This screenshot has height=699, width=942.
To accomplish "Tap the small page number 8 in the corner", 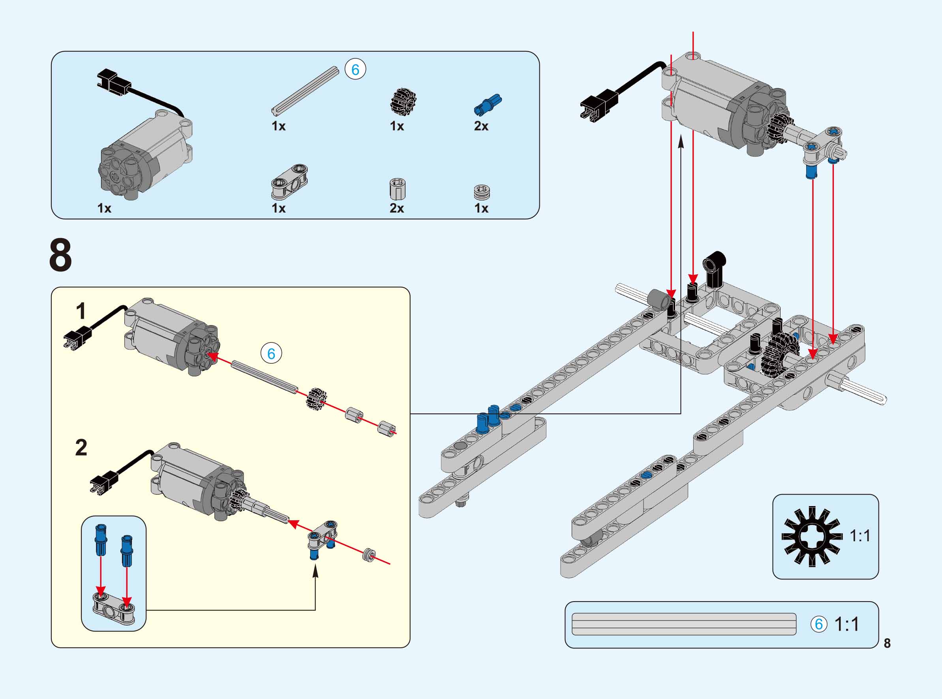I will [887, 643].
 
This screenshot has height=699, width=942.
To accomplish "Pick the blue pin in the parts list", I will [488, 104].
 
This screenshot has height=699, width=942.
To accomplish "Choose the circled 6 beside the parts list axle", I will [355, 69].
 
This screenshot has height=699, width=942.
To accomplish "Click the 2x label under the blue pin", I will [481, 126].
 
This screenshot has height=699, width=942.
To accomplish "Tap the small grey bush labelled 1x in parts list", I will [482, 192].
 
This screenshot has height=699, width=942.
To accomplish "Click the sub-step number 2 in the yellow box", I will [81, 448].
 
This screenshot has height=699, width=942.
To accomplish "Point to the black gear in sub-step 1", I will [316, 398].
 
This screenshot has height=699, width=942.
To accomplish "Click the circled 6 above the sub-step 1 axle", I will [271, 353].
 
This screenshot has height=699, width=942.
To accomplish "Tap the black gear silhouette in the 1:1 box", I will [812, 536].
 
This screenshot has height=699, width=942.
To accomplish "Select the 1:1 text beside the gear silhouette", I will [860, 536].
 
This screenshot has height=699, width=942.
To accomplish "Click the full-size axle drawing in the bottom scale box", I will [684, 624].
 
